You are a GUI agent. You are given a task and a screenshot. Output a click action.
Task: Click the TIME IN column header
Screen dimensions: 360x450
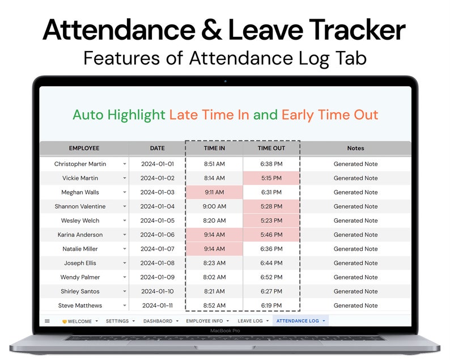coord(214,149)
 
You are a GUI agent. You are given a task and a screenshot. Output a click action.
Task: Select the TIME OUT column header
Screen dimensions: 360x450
coord(271,149)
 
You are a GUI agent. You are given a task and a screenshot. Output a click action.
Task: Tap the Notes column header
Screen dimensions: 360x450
coord(355,149)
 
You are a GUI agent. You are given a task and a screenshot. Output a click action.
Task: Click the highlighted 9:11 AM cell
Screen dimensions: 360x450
coord(214,192)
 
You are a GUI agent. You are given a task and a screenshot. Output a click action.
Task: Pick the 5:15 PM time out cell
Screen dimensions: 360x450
coord(271,178)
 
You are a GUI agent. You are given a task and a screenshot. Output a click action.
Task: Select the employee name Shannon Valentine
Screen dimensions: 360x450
coord(80,206)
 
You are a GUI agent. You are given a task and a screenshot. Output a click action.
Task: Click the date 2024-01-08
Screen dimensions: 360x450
coord(158,263)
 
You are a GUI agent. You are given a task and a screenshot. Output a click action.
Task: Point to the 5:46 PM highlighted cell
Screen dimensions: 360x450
coord(271,235)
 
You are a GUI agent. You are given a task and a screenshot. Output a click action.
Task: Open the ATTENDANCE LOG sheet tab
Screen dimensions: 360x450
coord(298,321)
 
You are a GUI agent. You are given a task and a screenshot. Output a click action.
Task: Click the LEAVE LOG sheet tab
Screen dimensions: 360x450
coord(250,321)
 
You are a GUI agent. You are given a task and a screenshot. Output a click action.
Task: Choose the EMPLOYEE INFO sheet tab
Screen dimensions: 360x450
coord(205,321)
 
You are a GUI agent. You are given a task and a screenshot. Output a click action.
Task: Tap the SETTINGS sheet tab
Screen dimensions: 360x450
coord(117,321)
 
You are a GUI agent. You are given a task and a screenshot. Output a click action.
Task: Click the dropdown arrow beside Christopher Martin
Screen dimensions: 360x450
coord(125,164)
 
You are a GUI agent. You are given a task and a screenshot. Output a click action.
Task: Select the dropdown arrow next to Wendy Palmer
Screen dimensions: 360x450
coord(125,277)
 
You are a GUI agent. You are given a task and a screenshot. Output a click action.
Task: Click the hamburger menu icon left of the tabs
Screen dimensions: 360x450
coord(47,321)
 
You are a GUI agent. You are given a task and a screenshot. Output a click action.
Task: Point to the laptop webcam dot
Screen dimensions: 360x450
coord(225,81)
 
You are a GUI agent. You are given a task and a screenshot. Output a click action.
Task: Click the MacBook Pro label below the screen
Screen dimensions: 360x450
coord(225,331)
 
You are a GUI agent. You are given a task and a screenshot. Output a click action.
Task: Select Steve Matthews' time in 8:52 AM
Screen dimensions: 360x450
coord(214,306)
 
